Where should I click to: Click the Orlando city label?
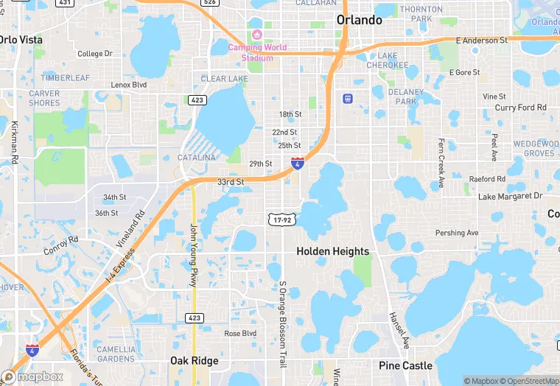(x=360, y=20)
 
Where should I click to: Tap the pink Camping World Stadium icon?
(x=257, y=35)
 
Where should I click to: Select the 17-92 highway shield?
(x=281, y=219)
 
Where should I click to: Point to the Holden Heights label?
(x=332, y=251)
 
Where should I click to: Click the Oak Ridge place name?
(x=195, y=361)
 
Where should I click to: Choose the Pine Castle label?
(x=405, y=365)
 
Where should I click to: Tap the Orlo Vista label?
(x=21, y=39)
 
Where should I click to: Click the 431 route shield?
(x=65, y=3)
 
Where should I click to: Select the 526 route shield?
(x=210, y=3)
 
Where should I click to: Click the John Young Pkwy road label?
(x=194, y=255)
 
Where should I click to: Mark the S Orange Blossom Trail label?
(x=282, y=324)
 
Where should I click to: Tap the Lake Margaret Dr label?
(x=510, y=196)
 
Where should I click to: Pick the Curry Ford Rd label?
(x=521, y=108)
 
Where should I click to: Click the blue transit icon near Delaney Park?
(x=347, y=98)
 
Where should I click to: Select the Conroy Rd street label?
(x=61, y=245)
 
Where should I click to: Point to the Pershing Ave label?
(x=457, y=233)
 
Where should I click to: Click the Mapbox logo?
(x=33, y=376)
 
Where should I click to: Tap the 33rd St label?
(x=231, y=181)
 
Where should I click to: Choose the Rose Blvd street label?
(x=240, y=333)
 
